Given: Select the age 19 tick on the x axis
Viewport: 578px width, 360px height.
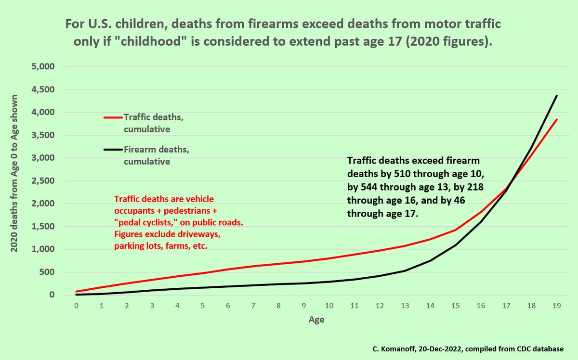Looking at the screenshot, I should pyautogui.click(x=557, y=306).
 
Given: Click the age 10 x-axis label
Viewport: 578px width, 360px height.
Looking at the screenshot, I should pyautogui.click(x=329, y=306).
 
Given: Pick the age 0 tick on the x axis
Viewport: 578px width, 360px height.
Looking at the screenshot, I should pyautogui.click(x=76, y=306).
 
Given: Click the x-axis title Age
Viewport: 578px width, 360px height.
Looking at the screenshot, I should pyautogui.click(x=316, y=320).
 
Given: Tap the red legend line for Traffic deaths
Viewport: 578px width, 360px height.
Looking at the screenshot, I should pyautogui.click(x=113, y=117).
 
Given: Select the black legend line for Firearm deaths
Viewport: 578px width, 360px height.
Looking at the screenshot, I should pyautogui.click(x=113, y=150).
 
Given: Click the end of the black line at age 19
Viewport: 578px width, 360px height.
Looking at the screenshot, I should pyautogui.click(x=557, y=96).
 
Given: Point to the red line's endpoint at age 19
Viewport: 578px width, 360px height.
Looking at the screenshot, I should pyautogui.click(x=557, y=119).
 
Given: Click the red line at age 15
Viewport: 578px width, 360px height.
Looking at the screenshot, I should pyautogui.click(x=456, y=230).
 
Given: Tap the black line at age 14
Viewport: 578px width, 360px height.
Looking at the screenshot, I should pyautogui.click(x=430, y=260).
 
